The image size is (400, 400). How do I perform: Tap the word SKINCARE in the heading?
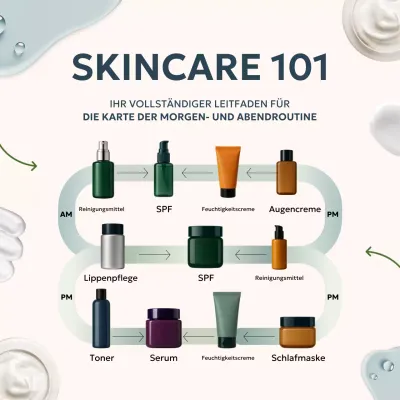pyautogui.click(x=166, y=66)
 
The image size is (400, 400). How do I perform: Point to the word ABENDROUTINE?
pyautogui.click(x=283, y=117)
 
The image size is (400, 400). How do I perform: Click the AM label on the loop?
pyautogui.click(x=66, y=214)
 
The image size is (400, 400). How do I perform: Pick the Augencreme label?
pyautogui.click(x=295, y=209)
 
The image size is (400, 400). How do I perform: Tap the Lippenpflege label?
pyautogui.click(x=111, y=278)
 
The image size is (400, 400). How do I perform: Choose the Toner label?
pyautogui.click(x=102, y=358)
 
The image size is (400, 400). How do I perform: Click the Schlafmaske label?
pyautogui.click(x=298, y=358)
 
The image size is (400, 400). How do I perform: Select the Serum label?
pyautogui.click(x=164, y=358)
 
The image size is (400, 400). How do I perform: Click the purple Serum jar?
pyautogui.click(x=164, y=328)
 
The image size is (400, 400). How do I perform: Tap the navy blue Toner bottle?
pyautogui.click(x=101, y=318)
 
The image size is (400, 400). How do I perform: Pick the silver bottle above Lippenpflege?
pyautogui.click(x=113, y=246)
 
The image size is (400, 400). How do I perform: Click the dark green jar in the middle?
pyautogui.click(x=205, y=247)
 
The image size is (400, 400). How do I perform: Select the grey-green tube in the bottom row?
pyautogui.click(x=227, y=320)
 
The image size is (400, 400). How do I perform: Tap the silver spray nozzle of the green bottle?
pyautogui.click(x=103, y=151)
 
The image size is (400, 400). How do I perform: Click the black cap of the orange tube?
pyautogui.click(x=228, y=192)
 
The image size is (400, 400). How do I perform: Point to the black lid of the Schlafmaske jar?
pyautogui.click(x=297, y=322)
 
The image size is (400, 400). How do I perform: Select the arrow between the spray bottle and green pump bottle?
pyautogui.click(x=132, y=173)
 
